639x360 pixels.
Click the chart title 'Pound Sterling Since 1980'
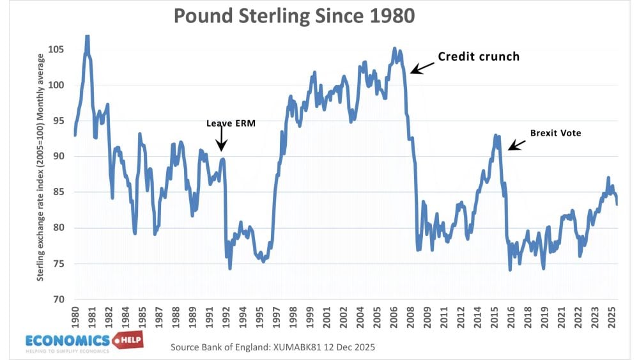(295, 16)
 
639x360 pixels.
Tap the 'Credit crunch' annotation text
(479, 56)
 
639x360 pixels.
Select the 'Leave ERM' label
(230, 123)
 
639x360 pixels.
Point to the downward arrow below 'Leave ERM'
(221, 139)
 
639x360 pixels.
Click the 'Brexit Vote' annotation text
(555, 134)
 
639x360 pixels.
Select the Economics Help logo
(83, 341)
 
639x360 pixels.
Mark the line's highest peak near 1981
(87, 37)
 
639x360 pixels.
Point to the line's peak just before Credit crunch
(394, 49)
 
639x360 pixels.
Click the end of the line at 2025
(617, 204)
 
